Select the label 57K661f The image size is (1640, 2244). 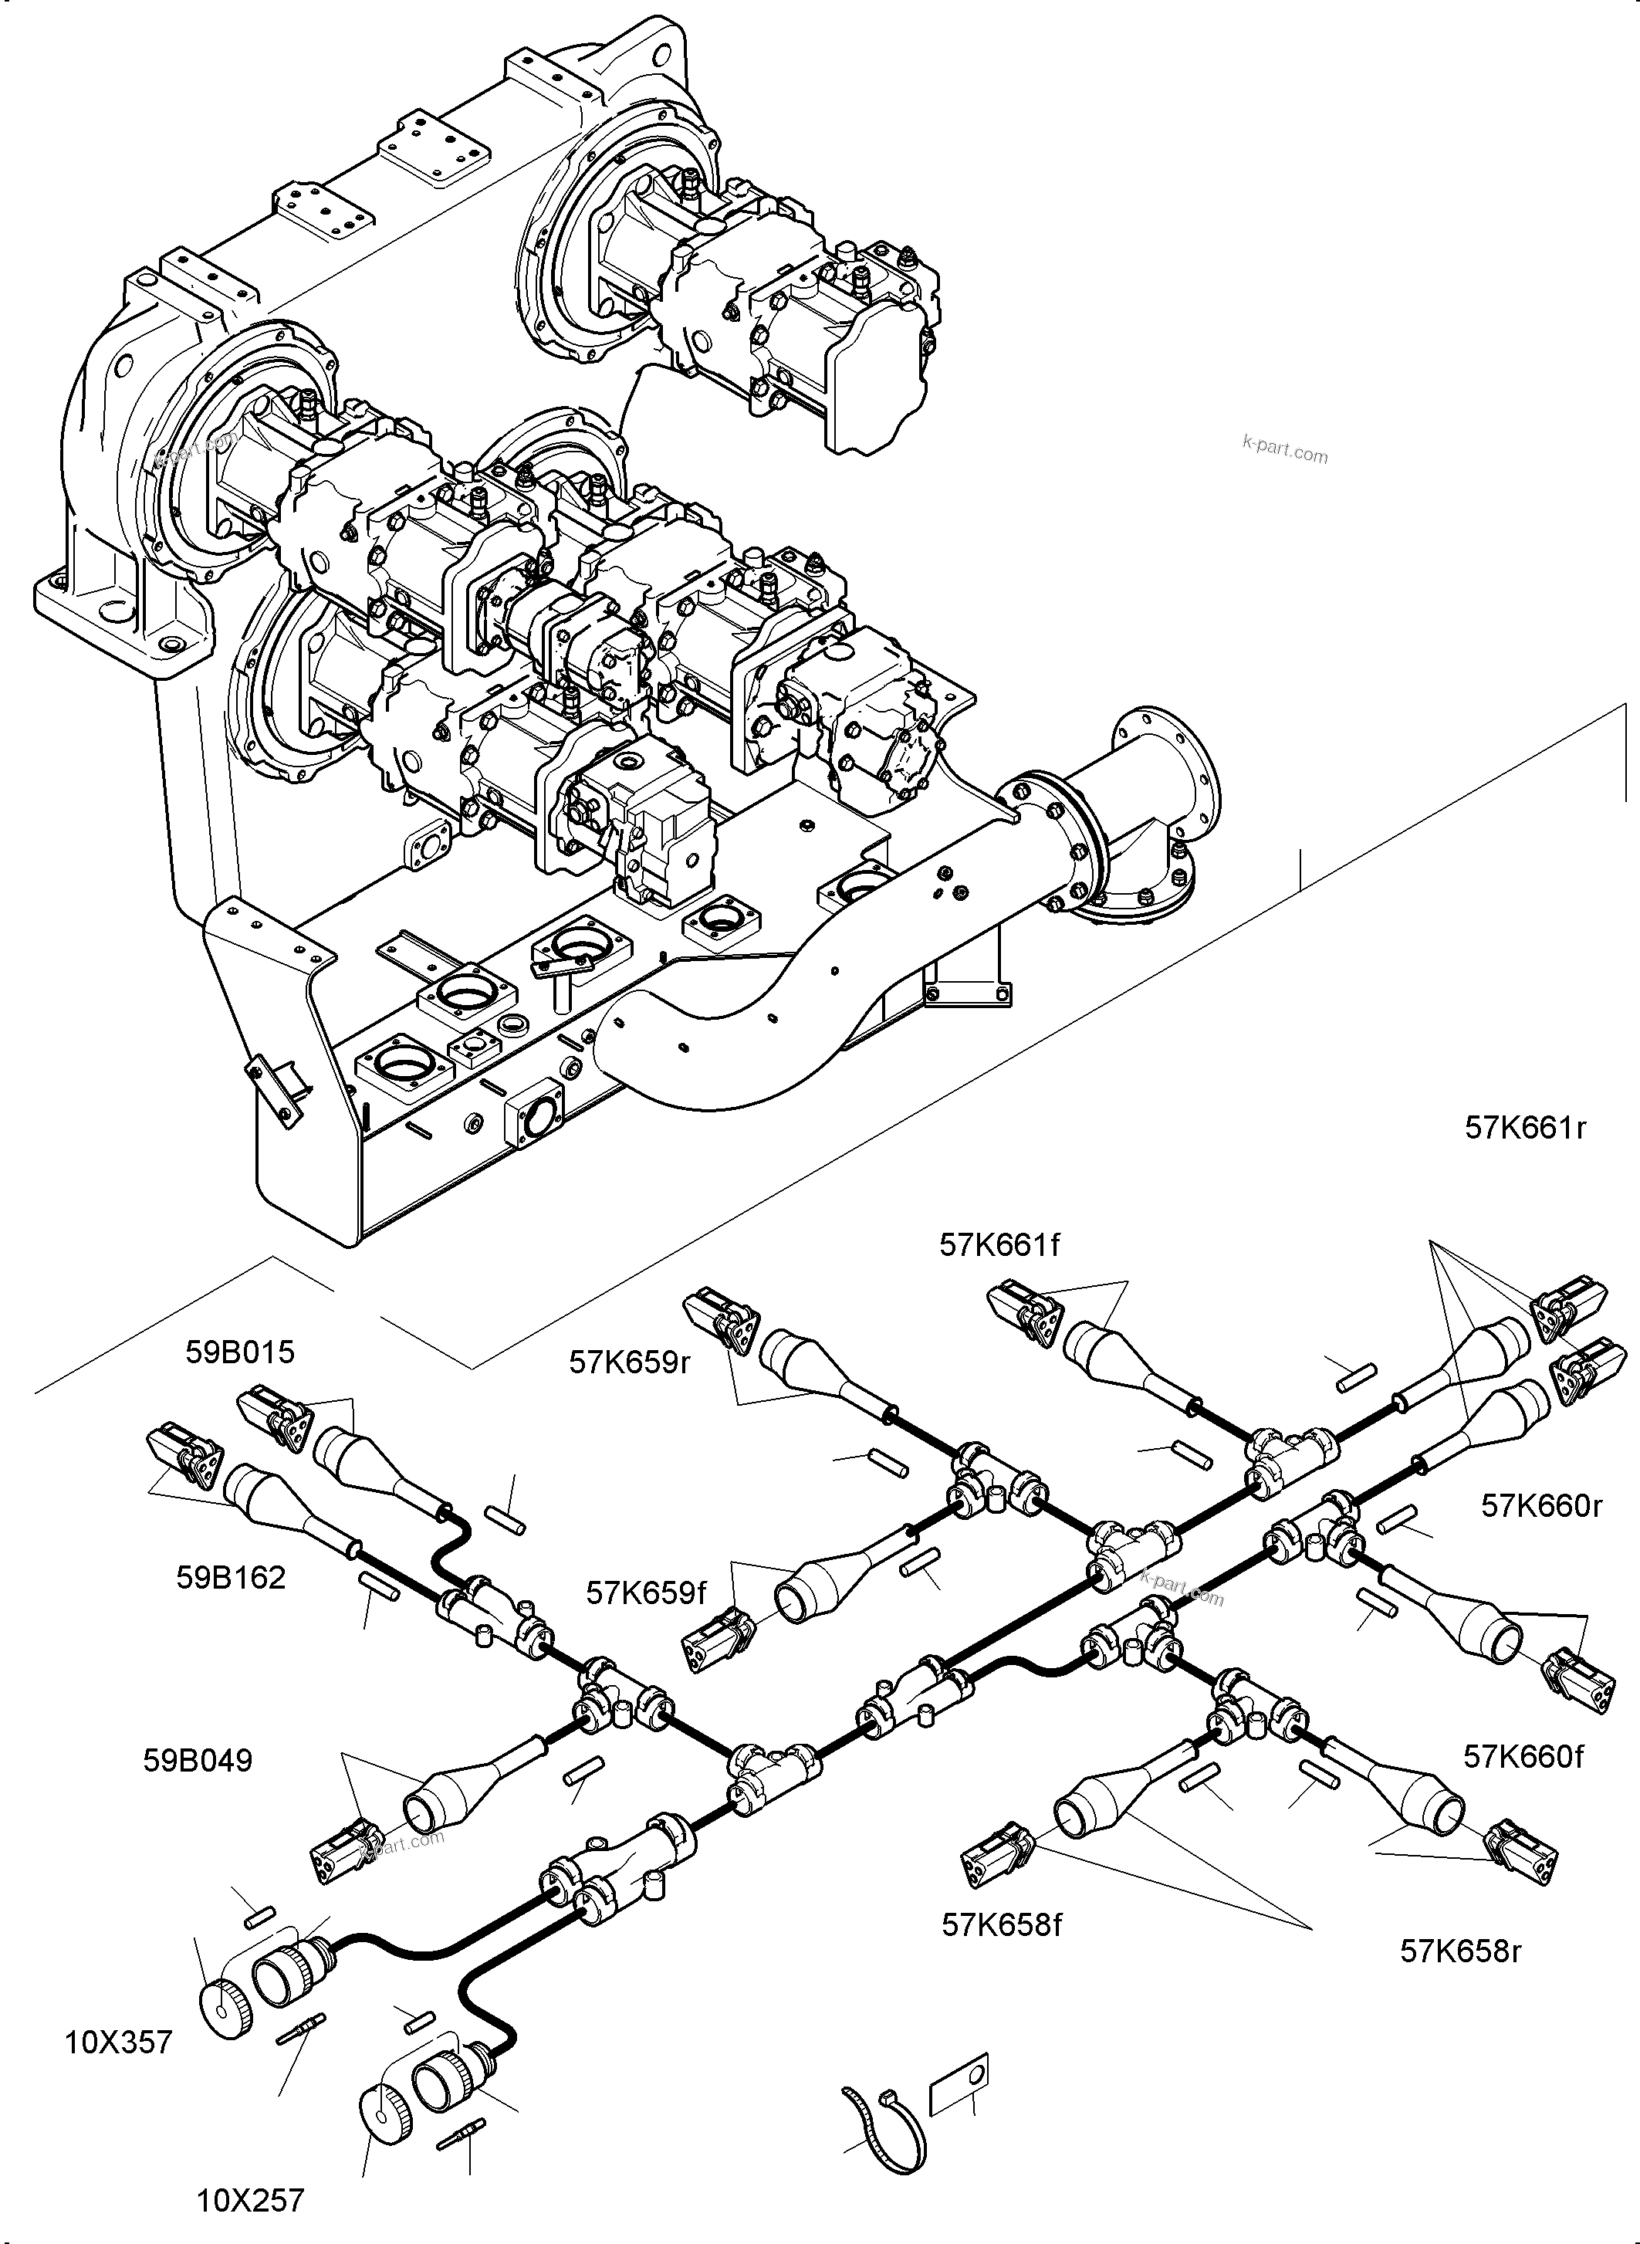click(x=999, y=1245)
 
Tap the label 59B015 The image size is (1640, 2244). click(x=240, y=1352)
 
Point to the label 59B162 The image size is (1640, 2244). click(x=230, y=1577)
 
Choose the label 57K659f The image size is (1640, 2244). click(x=645, y=1592)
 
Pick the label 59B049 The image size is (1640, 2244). click(x=198, y=1761)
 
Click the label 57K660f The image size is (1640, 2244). click(x=1523, y=1756)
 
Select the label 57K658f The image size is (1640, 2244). click(x=1002, y=1925)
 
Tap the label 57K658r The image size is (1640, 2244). click(x=1460, y=1951)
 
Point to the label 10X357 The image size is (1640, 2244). click(x=118, y=2043)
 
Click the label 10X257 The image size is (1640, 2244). click(x=250, y=2200)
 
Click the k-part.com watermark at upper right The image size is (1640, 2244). click(x=1284, y=450)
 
